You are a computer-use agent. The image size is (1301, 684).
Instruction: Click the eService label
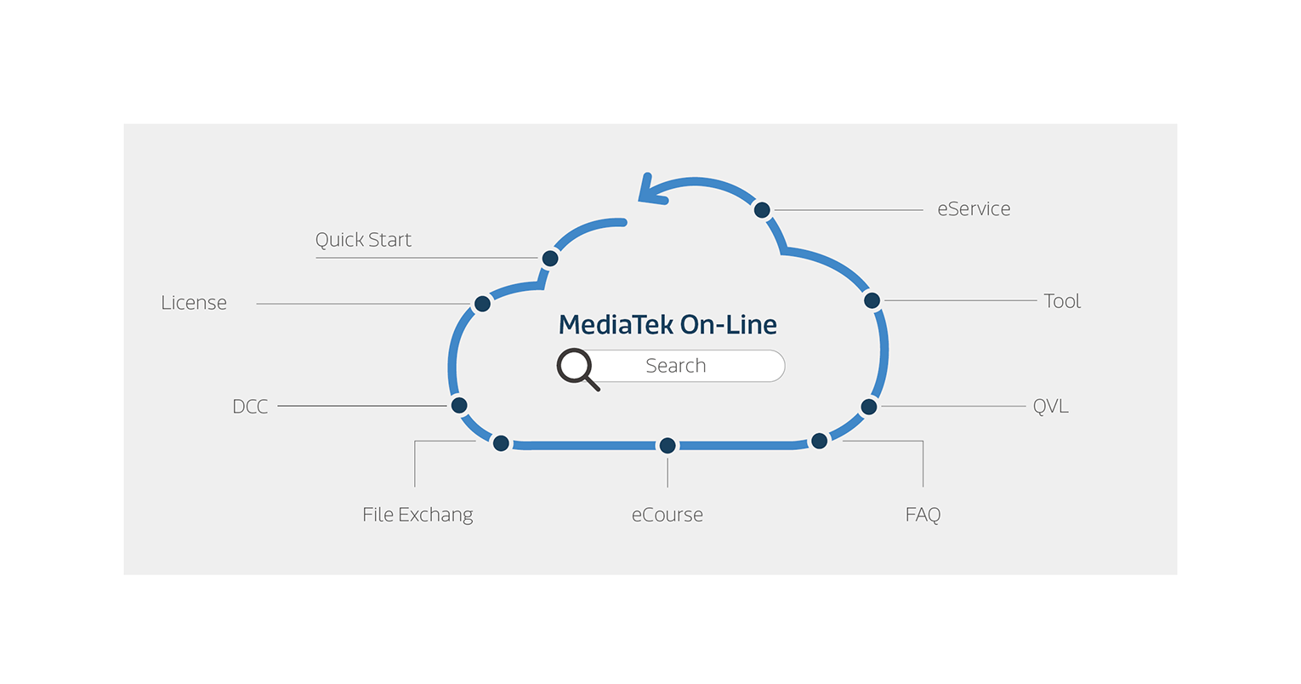click(x=974, y=209)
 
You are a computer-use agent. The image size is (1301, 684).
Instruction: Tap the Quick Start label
click(x=363, y=240)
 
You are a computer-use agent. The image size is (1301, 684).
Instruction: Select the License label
click(x=194, y=303)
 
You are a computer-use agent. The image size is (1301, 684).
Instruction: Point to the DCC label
click(x=250, y=407)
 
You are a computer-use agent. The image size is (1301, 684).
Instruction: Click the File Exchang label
click(x=418, y=515)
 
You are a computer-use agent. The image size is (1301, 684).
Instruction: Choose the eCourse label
click(x=668, y=515)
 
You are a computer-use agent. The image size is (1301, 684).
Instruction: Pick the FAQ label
click(x=923, y=515)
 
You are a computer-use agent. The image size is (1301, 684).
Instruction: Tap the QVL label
click(x=1050, y=407)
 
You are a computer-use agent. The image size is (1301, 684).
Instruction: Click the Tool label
click(x=1062, y=301)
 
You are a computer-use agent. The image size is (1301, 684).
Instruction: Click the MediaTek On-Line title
click(x=668, y=324)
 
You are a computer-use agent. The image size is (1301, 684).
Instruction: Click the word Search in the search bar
click(x=676, y=366)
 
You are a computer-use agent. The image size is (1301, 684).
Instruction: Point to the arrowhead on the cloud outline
click(x=650, y=191)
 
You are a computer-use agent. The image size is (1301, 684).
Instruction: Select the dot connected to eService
click(x=762, y=209)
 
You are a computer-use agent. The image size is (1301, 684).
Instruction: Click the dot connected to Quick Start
click(x=550, y=258)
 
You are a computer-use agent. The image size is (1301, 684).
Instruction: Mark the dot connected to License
click(x=482, y=304)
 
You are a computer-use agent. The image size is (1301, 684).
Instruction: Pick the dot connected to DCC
click(x=459, y=405)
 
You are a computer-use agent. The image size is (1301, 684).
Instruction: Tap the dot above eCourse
click(x=668, y=445)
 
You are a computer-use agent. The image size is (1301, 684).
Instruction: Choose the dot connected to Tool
click(x=872, y=300)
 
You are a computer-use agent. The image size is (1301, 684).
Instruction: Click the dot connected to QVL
click(x=868, y=407)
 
